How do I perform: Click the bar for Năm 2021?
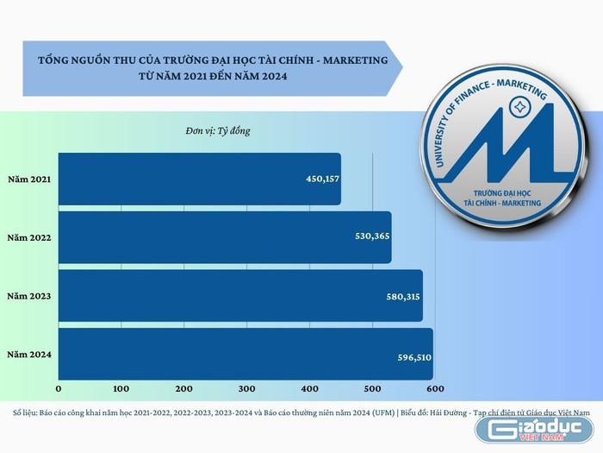(x=199, y=179)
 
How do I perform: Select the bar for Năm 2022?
(x=225, y=237)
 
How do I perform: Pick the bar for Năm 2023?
(x=240, y=296)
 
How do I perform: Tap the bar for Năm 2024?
(x=246, y=354)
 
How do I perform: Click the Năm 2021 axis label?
(x=28, y=179)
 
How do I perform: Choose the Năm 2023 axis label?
(x=28, y=296)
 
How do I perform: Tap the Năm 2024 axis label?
(x=28, y=355)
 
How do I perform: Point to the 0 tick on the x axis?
(x=59, y=388)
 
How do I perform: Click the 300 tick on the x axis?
(x=246, y=388)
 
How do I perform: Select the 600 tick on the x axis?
(x=434, y=388)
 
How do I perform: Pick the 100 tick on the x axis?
(x=121, y=388)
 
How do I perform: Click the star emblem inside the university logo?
(x=519, y=108)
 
